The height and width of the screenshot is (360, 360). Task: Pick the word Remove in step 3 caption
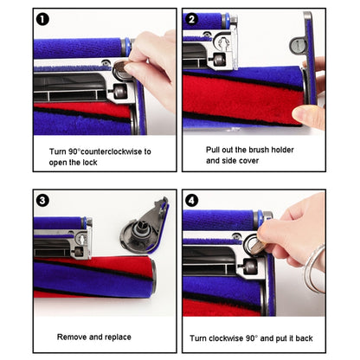[x=73, y=336]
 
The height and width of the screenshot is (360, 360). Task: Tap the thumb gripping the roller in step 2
[x=306, y=116]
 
